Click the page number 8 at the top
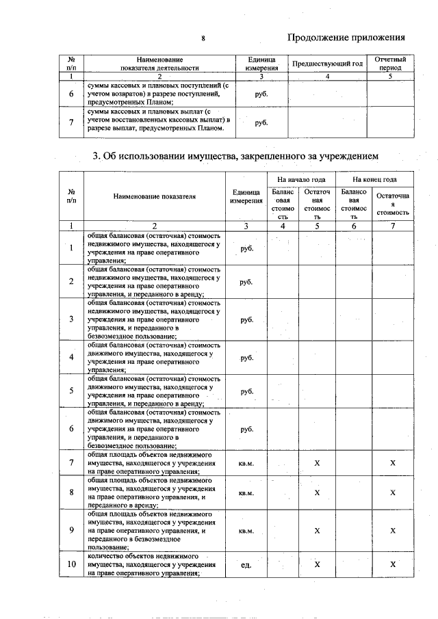[x=203, y=38]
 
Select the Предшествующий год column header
[x=327, y=64]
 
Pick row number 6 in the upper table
[x=71, y=93]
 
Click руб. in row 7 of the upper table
[x=261, y=122]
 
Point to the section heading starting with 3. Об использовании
[x=235, y=157]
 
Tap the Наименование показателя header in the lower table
[x=154, y=196]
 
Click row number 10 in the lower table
[x=71, y=564]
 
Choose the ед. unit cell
[x=246, y=565]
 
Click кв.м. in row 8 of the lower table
[x=246, y=492]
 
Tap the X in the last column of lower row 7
[x=393, y=463]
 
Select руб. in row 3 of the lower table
[x=246, y=319]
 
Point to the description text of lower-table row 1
[x=154, y=248]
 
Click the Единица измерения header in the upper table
[x=261, y=64]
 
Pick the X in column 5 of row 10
[x=317, y=564]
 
